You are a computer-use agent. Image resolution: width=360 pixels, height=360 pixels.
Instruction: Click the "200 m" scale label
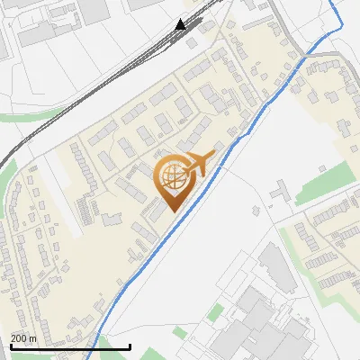[23, 339]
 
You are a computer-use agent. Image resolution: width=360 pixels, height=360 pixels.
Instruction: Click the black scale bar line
[70, 346]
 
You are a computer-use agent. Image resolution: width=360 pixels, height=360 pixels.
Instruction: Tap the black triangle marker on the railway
[181, 24]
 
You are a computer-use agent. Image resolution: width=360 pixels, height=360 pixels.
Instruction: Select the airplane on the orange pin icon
[202, 164]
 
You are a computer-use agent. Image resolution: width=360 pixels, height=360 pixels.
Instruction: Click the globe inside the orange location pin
[172, 175]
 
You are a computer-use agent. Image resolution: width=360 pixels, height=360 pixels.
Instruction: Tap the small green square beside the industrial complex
[215, 313]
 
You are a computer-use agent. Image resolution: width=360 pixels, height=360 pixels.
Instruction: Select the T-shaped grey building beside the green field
[280, 193]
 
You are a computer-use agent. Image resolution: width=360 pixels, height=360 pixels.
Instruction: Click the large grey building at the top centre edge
[145, 4]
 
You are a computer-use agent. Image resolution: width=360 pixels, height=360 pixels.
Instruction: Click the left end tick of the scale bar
[10, 346]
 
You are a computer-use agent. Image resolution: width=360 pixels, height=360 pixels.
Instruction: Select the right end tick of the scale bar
[130, 346]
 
